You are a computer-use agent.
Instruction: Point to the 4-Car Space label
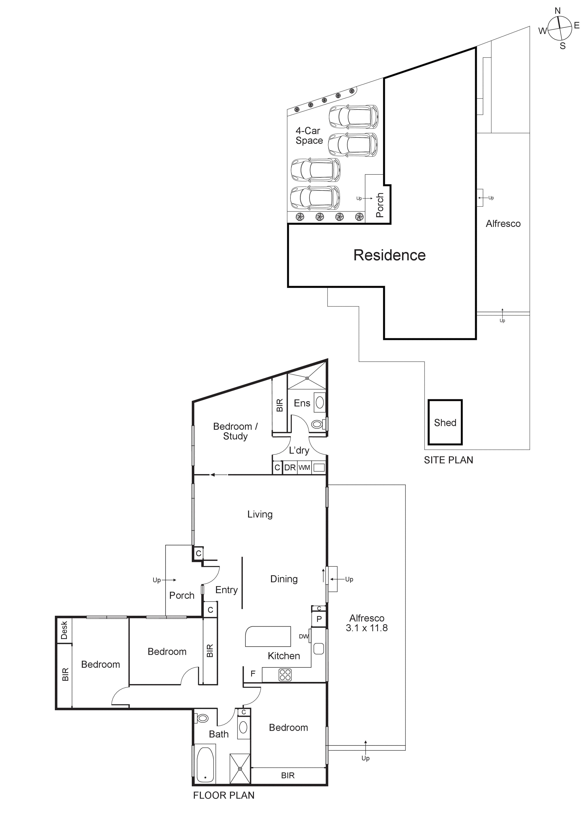pos(309,136)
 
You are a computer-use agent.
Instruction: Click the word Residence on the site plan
pos(389,255)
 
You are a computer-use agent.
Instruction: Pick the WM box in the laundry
pos(304,468)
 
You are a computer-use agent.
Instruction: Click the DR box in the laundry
pos(290,468)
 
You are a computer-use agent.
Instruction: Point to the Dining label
pos(284,579)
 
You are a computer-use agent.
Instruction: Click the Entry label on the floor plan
pos(226,590)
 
